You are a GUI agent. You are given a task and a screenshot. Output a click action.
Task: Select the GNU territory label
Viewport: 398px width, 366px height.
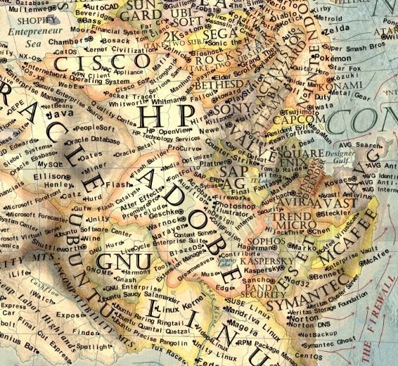115,261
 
